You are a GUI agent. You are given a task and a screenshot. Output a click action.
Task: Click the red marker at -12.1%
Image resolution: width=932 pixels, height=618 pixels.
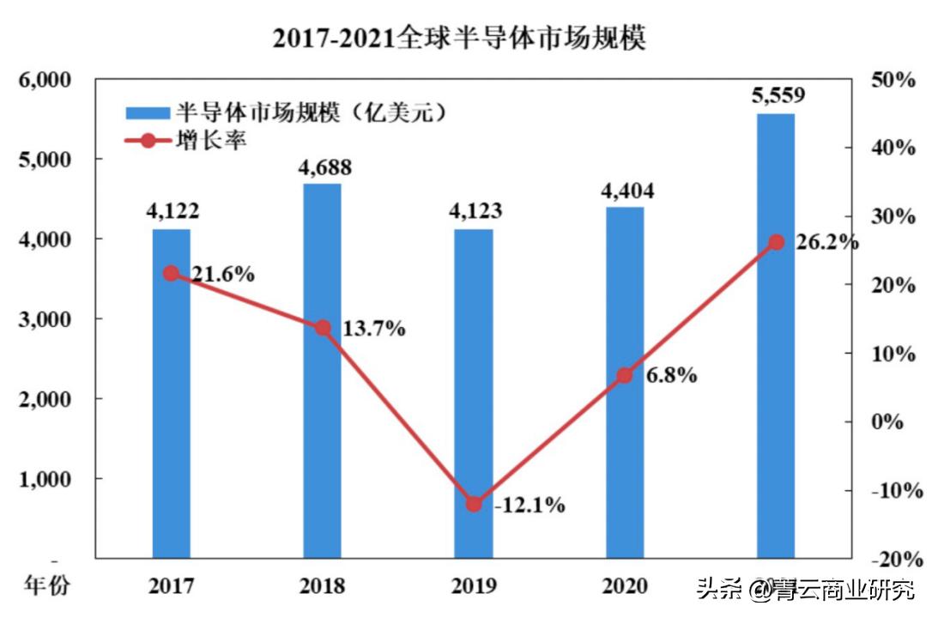[x=474, y=504]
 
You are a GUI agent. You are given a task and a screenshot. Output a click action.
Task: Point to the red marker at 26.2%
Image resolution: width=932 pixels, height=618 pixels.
[x=776, y=242]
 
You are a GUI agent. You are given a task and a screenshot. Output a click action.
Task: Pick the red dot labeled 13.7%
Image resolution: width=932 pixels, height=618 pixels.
[x=323, y=328]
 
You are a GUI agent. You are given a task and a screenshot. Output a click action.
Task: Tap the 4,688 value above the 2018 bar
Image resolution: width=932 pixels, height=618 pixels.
[x=323, y=167]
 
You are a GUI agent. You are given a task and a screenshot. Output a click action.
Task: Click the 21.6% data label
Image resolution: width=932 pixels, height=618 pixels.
[x=222, y=275]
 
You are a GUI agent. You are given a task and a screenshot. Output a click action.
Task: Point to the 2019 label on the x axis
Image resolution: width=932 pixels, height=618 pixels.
[x=473, y=586]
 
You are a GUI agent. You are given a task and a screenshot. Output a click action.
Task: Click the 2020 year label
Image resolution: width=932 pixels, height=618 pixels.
[x=625, y=586]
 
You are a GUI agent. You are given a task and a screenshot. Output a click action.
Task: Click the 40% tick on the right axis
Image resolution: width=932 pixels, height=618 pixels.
[x=893, y=148]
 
